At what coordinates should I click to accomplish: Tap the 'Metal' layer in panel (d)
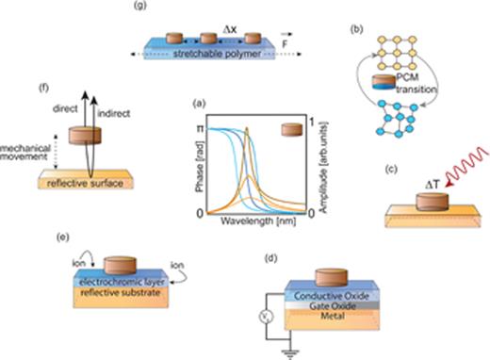[x=325, y=317]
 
